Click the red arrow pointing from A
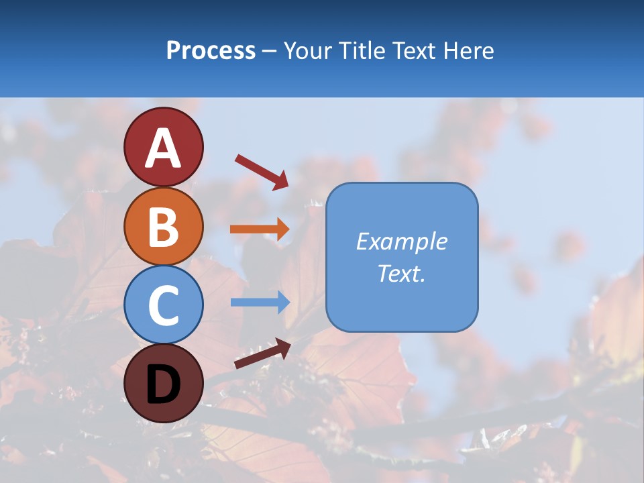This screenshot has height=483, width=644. (x=262, y=171)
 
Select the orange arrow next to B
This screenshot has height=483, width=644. (x=260, y=229)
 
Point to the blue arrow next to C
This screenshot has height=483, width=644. (x=260, y=302)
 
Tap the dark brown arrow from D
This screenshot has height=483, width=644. (x=262, y=354)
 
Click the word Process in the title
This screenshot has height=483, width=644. (x=211, y=50)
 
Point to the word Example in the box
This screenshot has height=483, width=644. (x=402, y=241)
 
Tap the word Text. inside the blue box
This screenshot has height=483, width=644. (x=402, y=273)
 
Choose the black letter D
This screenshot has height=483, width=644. (x=164, y=384)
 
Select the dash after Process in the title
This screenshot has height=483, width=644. (x=270, y=52)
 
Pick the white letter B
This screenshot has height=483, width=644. (x=164, y=227)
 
